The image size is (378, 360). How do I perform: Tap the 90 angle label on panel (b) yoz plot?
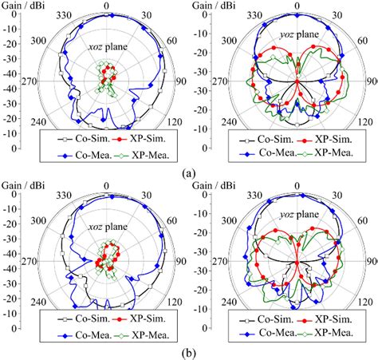[372, 261]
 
